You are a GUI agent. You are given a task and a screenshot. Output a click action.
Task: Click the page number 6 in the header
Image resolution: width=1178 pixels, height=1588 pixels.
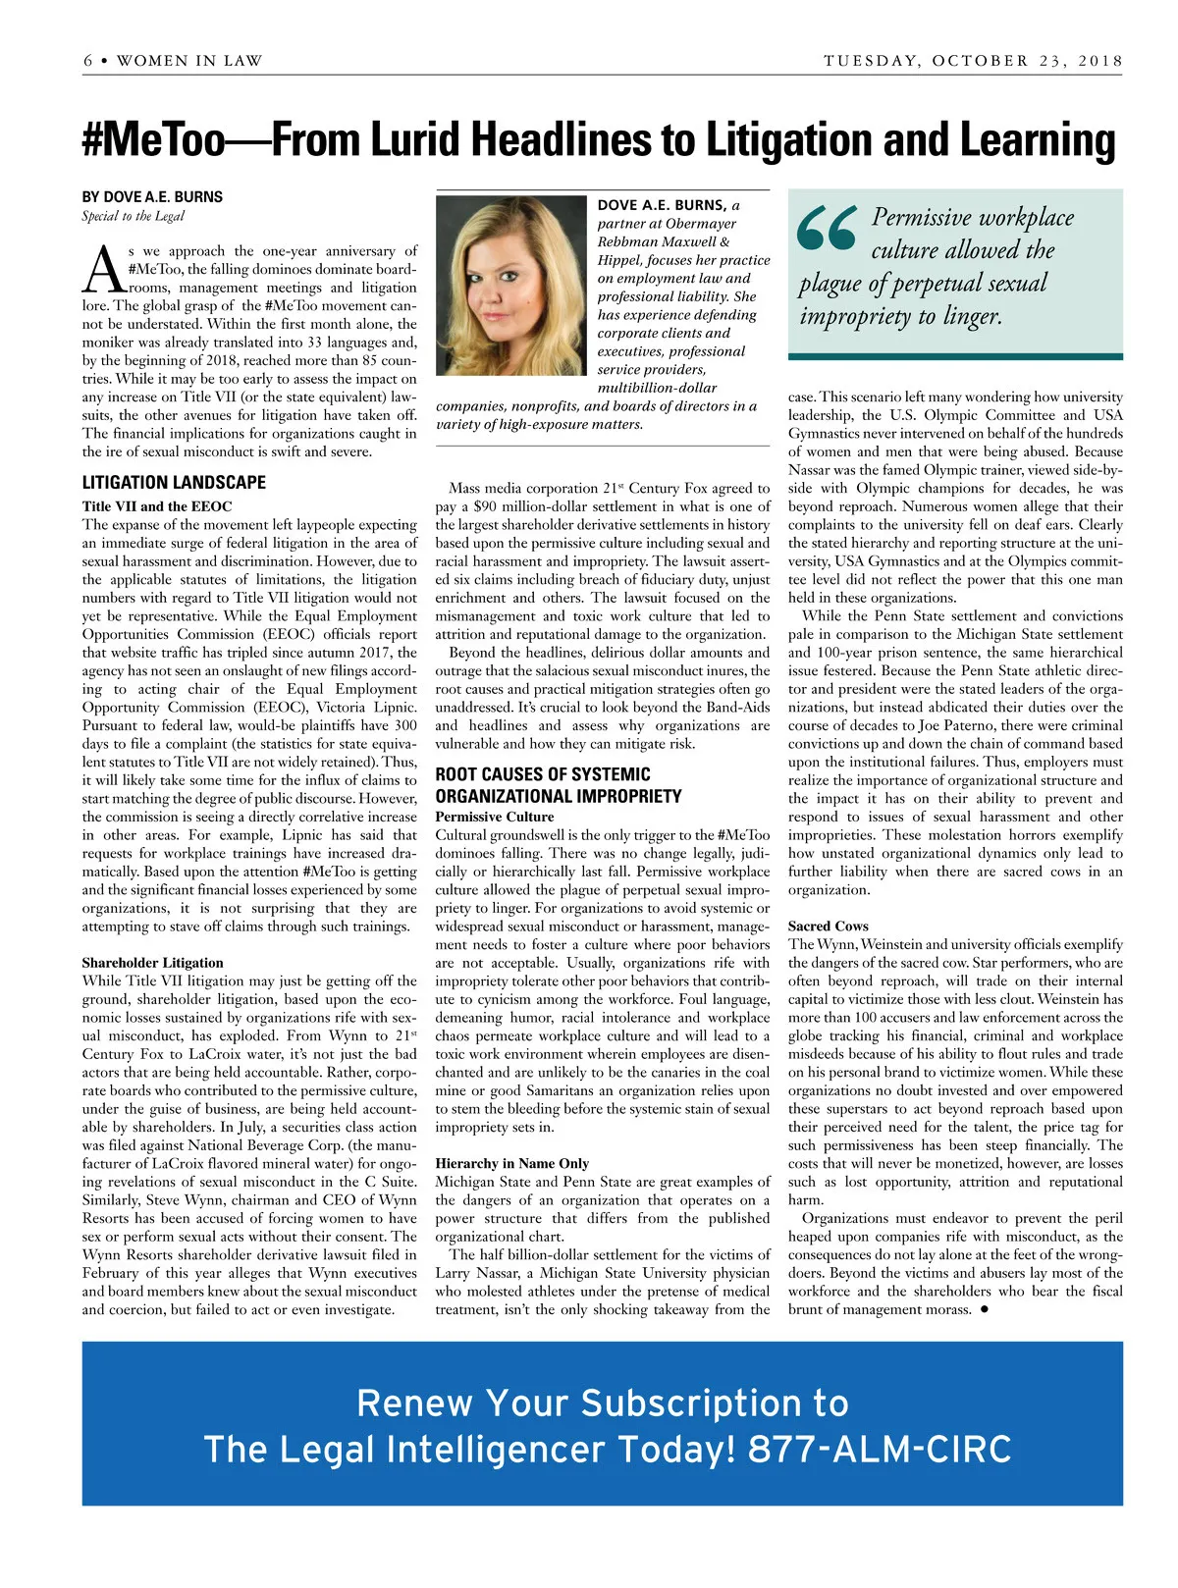88,61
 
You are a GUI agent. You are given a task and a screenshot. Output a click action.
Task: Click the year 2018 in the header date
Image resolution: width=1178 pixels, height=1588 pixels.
1100,61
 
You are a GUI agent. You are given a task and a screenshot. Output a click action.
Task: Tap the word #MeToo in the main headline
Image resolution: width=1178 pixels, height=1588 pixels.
154,140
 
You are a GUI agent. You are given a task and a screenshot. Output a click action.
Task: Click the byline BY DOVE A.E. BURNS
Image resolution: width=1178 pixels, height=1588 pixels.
152,197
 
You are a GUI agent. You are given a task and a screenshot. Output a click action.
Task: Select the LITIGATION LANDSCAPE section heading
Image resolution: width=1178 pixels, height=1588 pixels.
174,483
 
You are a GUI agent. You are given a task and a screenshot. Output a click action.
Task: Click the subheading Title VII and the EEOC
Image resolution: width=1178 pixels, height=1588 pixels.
157,506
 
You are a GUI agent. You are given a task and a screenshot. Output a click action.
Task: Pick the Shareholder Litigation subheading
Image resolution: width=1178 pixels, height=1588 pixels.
152,963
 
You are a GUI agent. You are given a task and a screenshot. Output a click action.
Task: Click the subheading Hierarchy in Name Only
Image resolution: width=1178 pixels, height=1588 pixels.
512,1163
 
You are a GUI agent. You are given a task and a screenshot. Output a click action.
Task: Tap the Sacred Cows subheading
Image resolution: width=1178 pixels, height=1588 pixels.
829,926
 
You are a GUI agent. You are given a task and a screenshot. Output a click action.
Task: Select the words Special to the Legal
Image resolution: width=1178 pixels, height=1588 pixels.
133,216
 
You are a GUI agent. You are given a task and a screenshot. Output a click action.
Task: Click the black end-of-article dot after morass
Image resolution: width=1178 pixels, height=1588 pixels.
984,1309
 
